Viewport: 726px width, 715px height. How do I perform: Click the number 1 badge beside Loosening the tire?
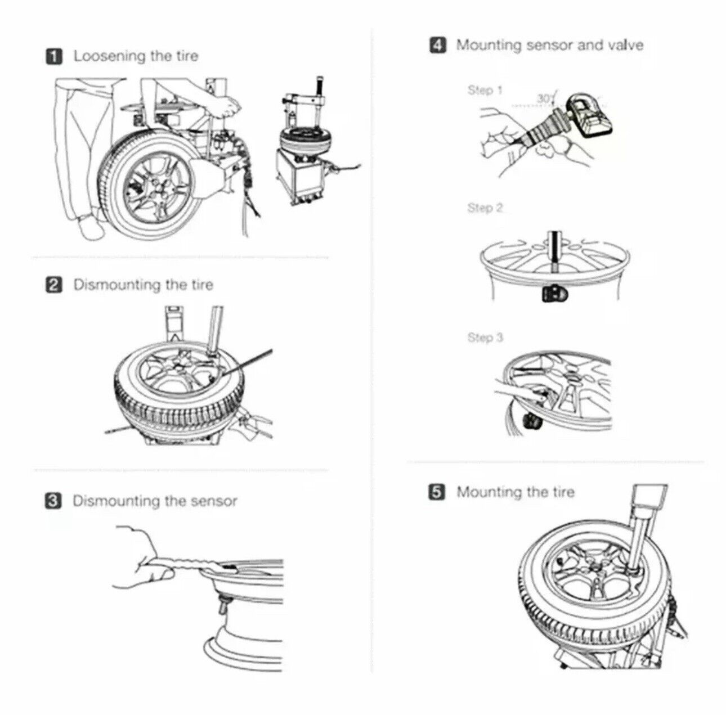tap(54, 57)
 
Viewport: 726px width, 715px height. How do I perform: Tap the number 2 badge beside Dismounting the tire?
tap(54, 285)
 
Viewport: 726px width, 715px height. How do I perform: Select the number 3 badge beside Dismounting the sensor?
tap(53, 501)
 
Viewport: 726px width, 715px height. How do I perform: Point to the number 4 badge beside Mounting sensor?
tap(438, 45)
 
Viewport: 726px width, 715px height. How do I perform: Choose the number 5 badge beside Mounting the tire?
tap(437, 492)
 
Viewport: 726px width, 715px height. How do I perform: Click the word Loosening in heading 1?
tap(110, 56)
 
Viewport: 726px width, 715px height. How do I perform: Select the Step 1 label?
tap(485, 90)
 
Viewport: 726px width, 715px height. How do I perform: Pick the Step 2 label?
tap(485, 208)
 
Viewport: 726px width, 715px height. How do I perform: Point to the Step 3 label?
tap(485, 338)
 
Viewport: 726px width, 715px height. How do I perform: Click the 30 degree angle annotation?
tap(545, 98)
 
